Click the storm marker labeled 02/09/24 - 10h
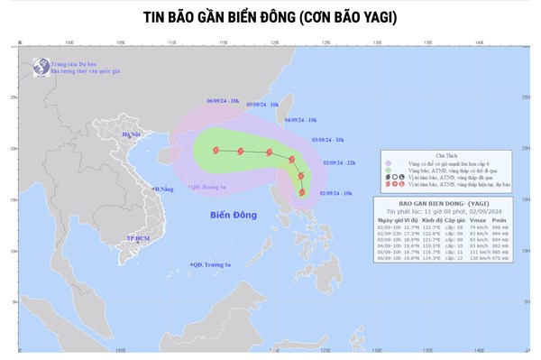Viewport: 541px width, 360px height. point(302,192)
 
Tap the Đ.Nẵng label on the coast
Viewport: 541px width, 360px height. point(162,189)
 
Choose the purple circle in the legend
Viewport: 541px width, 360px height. point(390,163)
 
